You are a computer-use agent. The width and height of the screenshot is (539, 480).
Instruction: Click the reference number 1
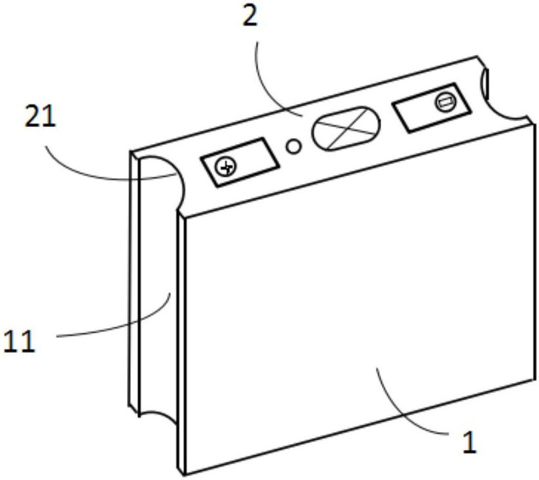pyautogui.click(x=469, y=442)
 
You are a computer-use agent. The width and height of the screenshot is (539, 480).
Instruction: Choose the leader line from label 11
pyautogui.click(x=118, y=327)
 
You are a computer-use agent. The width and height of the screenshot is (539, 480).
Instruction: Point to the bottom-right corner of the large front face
pyautogui.click(x=534, y=378)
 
